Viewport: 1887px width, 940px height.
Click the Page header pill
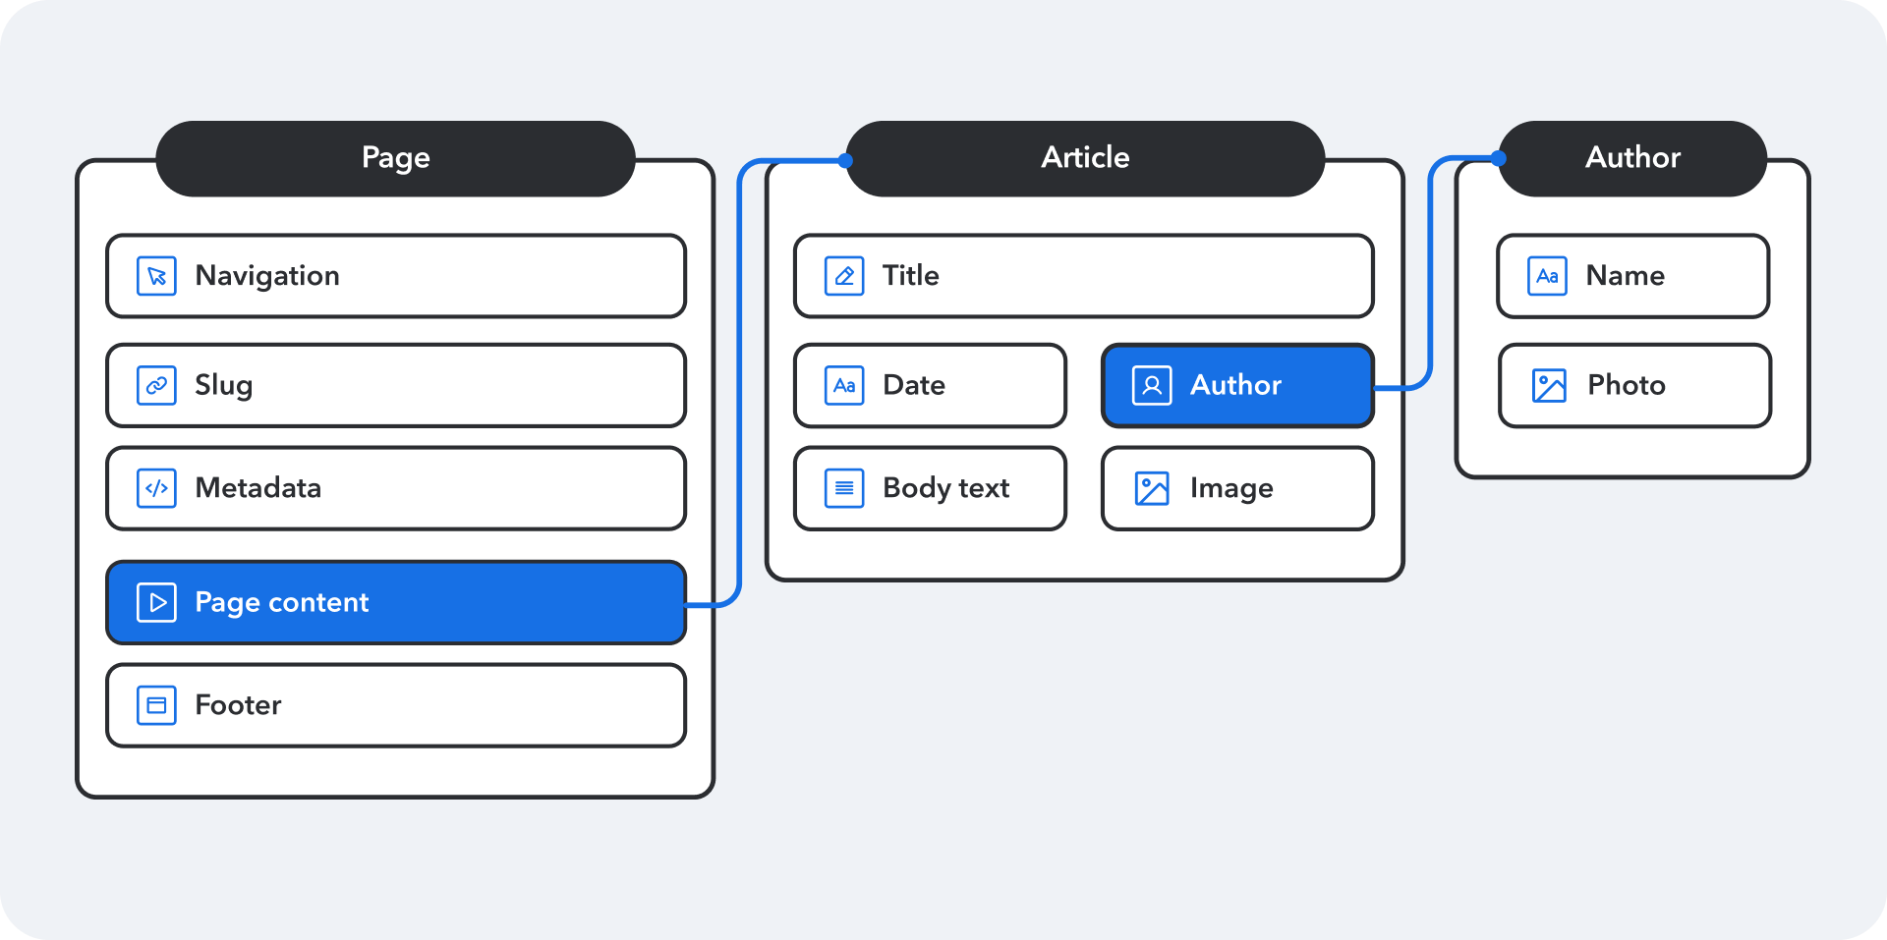pyautogui.click(x=395, y=158)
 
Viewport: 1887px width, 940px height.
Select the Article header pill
pyautogui.click(x=1085, y=158)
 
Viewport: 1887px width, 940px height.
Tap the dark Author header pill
pyautogui.click(x=1632, y=158)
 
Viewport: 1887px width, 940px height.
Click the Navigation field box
pyautogui.click(x=395, y=276)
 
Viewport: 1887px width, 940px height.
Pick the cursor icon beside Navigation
pyautogui.click(x=156, y=276)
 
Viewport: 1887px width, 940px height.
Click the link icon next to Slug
pyautogui.click(x=156, y=385)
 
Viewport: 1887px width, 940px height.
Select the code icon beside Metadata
pyautogui.click(x=156, y=488)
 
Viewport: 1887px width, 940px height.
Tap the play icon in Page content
pyautogui.click(x=156, y=602)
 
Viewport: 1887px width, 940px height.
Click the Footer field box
pyautogui.click(x=395, y=705)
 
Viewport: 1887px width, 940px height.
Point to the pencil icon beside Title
pyautogui.click(x=844, y=276)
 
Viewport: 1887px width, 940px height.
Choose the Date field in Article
pyautogui.click(x=930, y=385)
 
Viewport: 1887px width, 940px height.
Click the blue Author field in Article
pyautogui.click(x=1237, y=385)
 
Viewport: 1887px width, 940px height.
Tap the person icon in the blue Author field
pyautogui.click(x=1152, y=385)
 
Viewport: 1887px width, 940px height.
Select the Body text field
pyautogui.click(x=930, y=488)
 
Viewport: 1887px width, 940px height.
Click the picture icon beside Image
pyautogui.click(x=1152, y=488)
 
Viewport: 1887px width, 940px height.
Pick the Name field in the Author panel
pyautogui.click(x=1632, y=276)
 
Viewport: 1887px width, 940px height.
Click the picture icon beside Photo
pyautogui.click(x=1549, y=385)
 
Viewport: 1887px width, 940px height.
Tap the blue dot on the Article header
pyautogui.click(x=845, y=160)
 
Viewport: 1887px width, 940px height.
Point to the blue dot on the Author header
pyautogui.click(x=1498, y=157)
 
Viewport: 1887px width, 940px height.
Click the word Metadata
pyautogui.click(x=258, y=488)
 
